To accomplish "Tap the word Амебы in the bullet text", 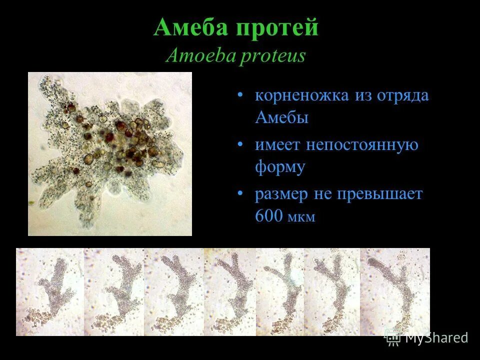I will pyautogui.click(x=281, y=118).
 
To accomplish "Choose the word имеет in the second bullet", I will pyautogui.click(x=276, y=145).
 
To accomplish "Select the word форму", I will pyautogui.click(x=279, y=167).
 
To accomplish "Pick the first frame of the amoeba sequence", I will pyautogui.click(x=50, y=291).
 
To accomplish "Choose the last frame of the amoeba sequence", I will pyautogui.click(x=394, y=291).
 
